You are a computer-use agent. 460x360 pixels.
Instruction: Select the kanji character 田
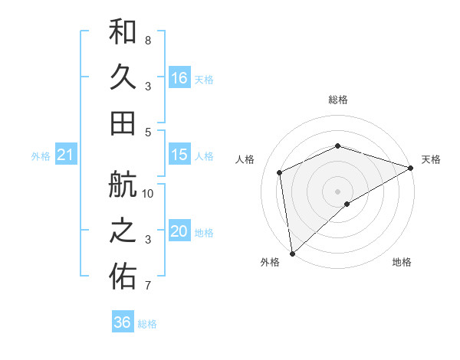[x=123, y=123]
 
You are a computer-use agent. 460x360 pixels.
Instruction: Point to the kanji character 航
[x=123, y=186]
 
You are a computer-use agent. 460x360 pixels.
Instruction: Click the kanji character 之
[x=123, y=232]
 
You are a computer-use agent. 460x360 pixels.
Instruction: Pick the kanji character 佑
[x=123, y=277]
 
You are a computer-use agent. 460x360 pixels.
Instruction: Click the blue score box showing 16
[x=179, y=78]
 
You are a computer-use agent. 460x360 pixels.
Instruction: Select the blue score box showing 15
[x=179, y=155]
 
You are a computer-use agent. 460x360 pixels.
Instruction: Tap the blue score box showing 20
[x=179, y=232]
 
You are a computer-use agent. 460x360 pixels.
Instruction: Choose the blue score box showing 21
[x=65, y=155]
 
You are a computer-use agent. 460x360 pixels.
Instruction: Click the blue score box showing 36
[x=123, y=322]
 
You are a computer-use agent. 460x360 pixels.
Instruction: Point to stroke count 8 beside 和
[x=147, y=40]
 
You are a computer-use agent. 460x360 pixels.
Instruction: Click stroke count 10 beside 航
[x=148, y=194]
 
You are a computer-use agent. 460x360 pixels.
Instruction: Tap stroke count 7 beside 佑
[x=147, y=286]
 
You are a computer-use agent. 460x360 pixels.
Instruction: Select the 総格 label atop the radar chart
[x=337, y=100]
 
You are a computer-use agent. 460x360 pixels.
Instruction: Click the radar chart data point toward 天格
[x=411, y=168]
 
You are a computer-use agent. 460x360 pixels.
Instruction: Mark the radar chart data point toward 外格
[x=292, y=253]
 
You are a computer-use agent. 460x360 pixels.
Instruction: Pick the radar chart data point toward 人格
[x=280, y=172]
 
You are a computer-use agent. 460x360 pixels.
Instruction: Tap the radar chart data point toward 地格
[x=347, y=204]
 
